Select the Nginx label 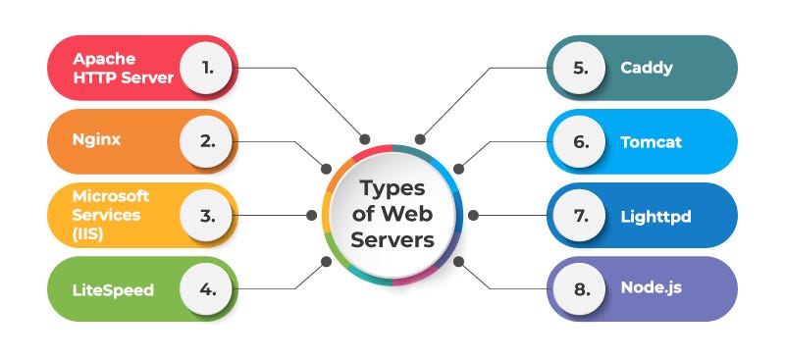pos(96,139)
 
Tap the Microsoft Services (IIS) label pos(111,214)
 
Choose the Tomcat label pos(651,141)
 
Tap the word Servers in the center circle pos(392,240)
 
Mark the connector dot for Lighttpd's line pos(472,215)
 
